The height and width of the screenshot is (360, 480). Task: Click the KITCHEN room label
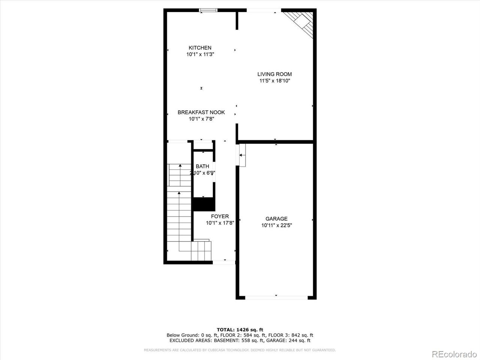coord(200,48)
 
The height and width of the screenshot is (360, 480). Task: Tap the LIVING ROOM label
coord(274,74)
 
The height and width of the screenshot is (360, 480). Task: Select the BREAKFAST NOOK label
coord(201,112)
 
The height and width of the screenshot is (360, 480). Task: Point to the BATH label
coord(202,166)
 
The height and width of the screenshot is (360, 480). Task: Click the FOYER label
coord(220,216)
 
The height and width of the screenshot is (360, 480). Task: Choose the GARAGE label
coord(276,219)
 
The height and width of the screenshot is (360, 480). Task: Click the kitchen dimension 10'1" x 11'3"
coord(200,54)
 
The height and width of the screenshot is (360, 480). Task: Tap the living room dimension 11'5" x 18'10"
coord(274,81)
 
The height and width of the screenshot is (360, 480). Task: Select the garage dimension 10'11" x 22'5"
coord(276,225)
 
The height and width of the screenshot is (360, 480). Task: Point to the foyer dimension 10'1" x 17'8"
coord(220,223)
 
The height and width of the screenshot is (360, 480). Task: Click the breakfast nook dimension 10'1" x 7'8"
coord(201,119)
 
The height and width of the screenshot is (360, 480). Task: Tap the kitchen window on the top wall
coord(208,10)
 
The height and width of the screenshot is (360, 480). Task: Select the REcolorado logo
coord(454,354)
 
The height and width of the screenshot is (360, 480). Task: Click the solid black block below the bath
coord(204,204)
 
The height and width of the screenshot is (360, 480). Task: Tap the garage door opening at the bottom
coord(276,298)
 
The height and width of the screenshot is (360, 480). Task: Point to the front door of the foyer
coord(224,262)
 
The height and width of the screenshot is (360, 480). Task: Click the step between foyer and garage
coord(242,155)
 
